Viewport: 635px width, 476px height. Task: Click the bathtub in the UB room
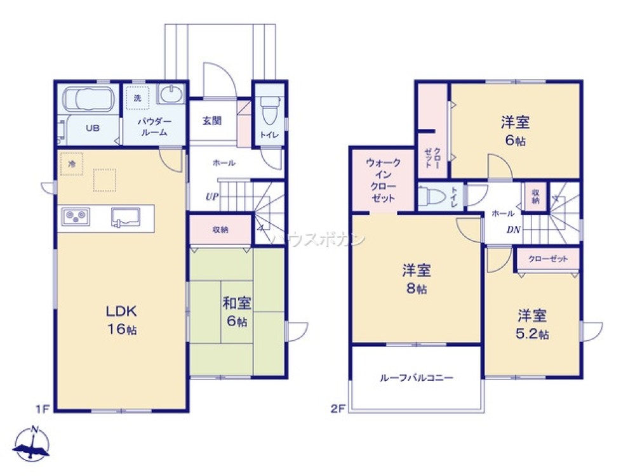(x=88, y=100)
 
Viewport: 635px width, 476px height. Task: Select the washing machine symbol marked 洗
(x=137, y=98)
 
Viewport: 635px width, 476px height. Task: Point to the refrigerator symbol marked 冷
(x=72, y=164)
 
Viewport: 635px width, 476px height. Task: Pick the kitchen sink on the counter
(x=125, y=217)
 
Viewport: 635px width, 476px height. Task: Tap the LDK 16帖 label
(x=121, y=321)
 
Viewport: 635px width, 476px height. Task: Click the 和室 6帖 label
(x=236, y=312)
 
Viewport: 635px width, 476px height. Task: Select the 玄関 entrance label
(x=212, y=121)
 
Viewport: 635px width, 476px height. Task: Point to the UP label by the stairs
(x=211, y=196)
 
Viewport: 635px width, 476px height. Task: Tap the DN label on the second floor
(x=513, y=230)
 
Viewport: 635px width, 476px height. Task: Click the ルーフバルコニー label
(x=416, y=378)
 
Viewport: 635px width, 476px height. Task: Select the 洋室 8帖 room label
(x=417, y=279)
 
